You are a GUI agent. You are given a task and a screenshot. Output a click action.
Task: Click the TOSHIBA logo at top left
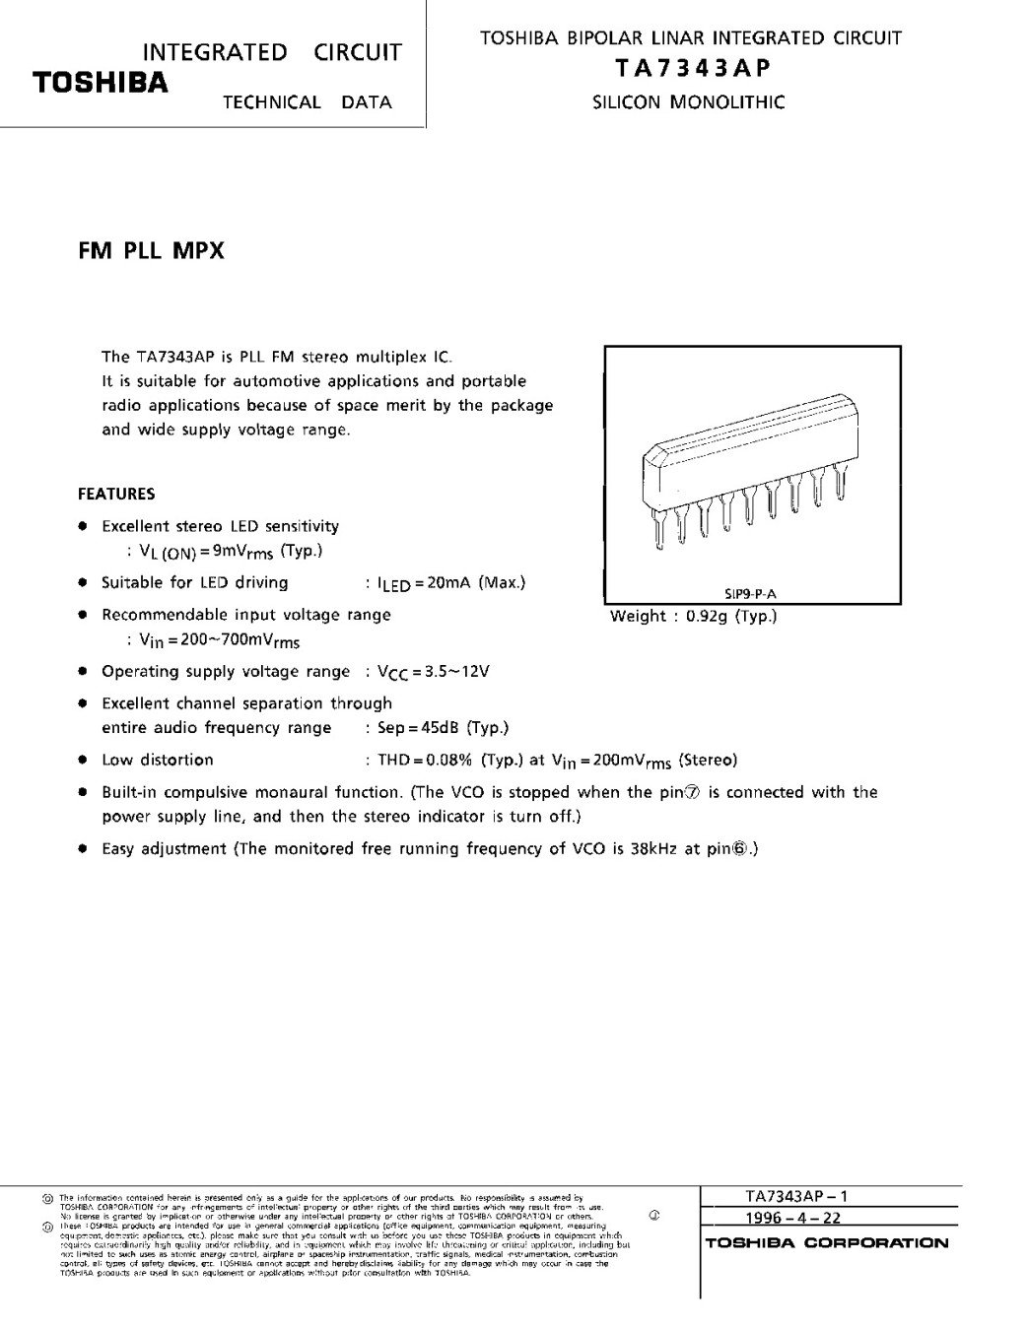pos(100,83)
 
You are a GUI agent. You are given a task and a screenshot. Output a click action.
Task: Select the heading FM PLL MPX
pos(151,250)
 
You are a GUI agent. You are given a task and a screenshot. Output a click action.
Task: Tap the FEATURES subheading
pos(116,494)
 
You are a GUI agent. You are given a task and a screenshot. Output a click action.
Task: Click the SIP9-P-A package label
pos(757,593)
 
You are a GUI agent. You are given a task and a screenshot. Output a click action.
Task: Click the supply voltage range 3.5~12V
pos(457,672)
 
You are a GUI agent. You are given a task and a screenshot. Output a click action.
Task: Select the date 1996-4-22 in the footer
pos(793,1218)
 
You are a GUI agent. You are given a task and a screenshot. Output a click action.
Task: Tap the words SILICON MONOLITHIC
pos(689,101)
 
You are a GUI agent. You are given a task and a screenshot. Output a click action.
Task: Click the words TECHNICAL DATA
pos(307,101)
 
